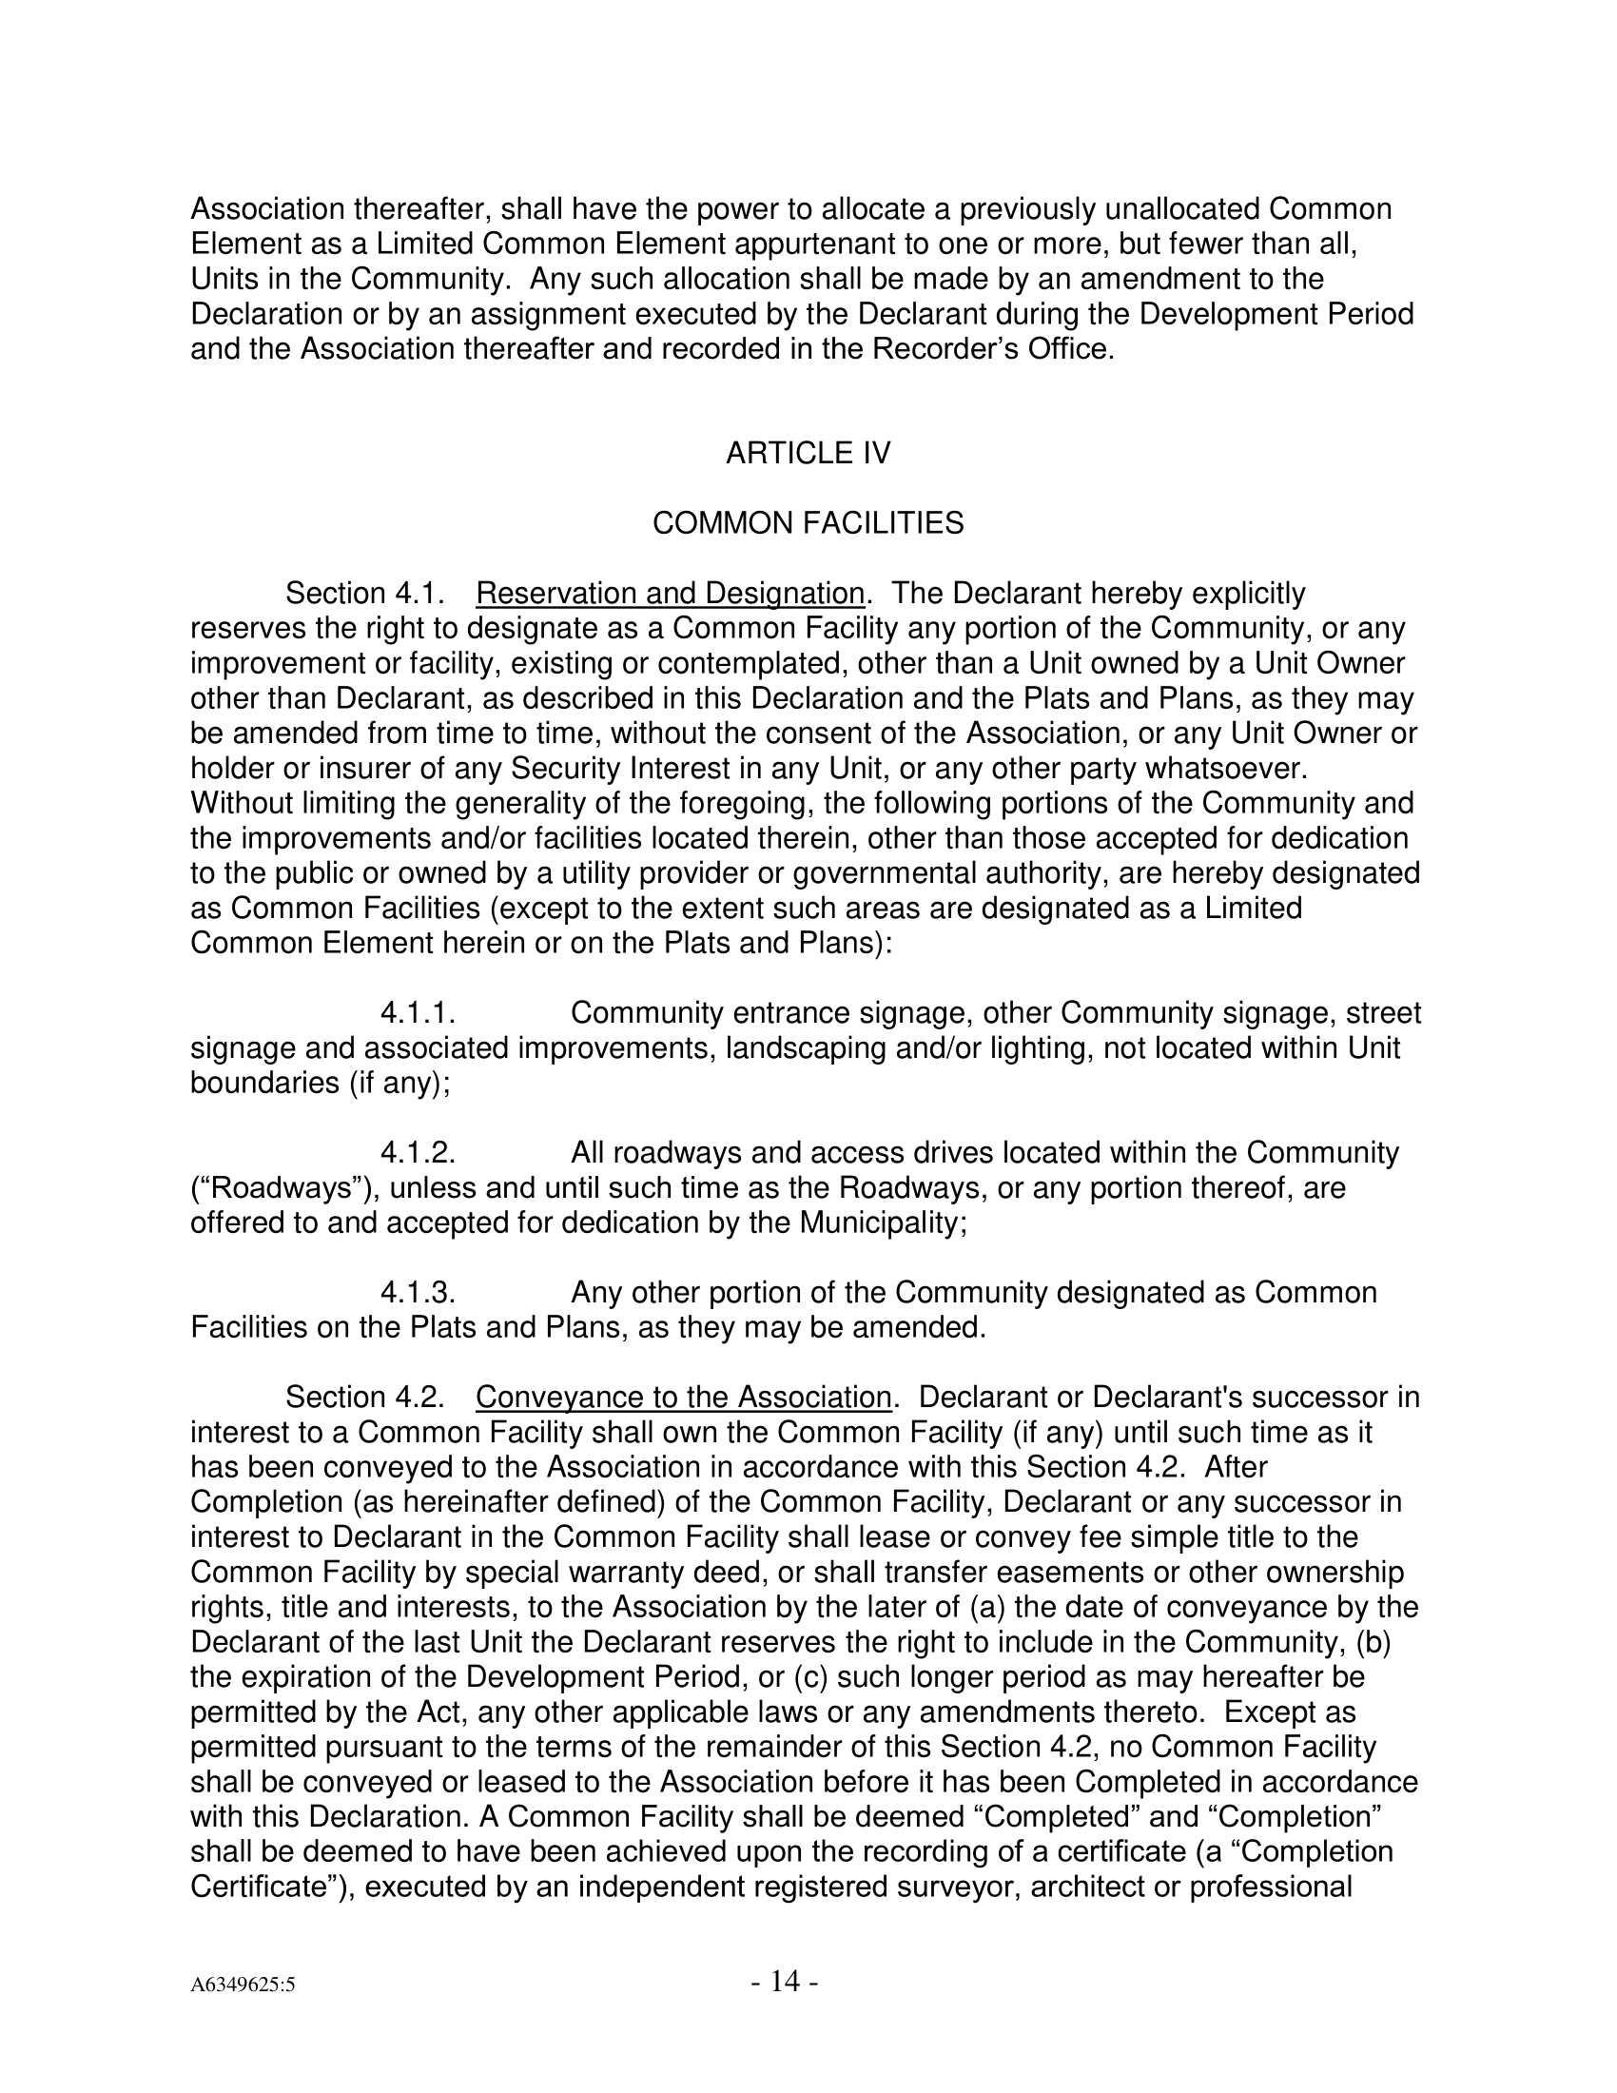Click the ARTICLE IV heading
808,453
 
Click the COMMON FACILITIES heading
808,523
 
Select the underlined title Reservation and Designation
670,595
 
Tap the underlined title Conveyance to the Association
683,1399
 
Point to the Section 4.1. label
365,595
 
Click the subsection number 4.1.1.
418,1014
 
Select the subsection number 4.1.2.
418,1154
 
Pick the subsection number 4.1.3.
418,1294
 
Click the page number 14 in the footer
785,1981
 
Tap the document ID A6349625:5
243,1985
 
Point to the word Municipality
883,1223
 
